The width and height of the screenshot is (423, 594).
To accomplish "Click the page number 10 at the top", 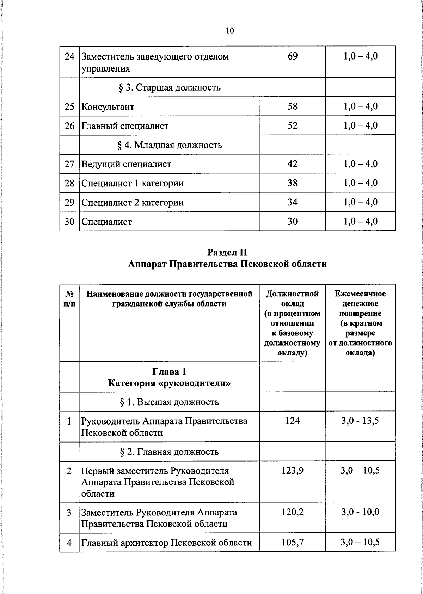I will (229, 31).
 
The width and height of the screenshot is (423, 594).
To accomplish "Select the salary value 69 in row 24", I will (293, 56).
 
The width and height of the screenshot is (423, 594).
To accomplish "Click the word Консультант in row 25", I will (108, 107).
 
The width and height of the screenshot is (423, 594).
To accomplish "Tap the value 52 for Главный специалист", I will (293, 125).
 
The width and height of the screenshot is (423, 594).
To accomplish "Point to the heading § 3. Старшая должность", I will (170, 87).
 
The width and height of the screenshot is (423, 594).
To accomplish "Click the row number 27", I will (69, 164).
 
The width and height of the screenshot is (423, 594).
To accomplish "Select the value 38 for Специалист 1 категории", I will (293, 183).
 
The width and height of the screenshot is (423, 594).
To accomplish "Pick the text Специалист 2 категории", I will (133, 203).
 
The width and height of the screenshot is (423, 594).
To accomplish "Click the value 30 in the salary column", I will (293, 221).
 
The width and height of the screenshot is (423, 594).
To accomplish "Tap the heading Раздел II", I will (227, 252).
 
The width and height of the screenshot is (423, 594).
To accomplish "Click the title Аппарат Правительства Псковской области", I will (227, 264).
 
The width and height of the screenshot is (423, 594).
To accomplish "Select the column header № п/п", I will (69, 298).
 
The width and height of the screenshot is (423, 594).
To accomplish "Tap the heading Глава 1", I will (169, 372).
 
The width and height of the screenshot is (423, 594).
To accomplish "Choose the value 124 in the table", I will (293, 421).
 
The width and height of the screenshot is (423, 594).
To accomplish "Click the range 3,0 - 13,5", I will (360, 421).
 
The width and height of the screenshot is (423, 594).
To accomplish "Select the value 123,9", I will (293, 471).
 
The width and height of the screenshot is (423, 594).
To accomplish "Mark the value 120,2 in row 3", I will (293, 512).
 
